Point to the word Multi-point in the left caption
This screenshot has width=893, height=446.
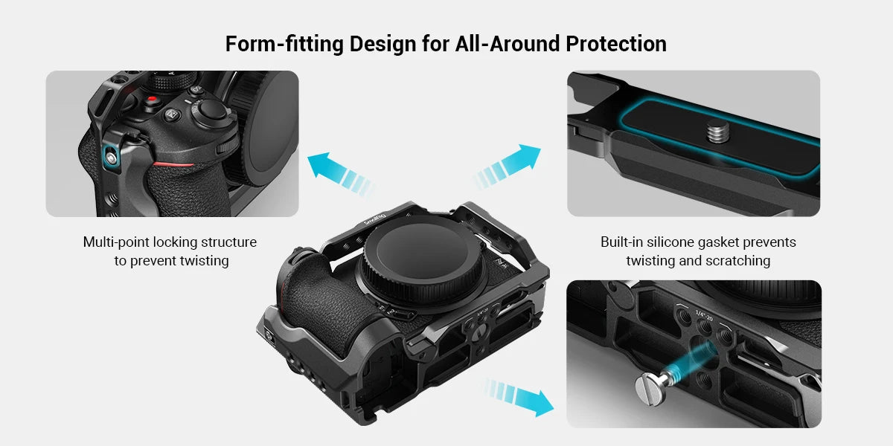(x=116, y=242)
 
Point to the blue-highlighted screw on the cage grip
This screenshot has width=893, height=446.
(x=112, y=155)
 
